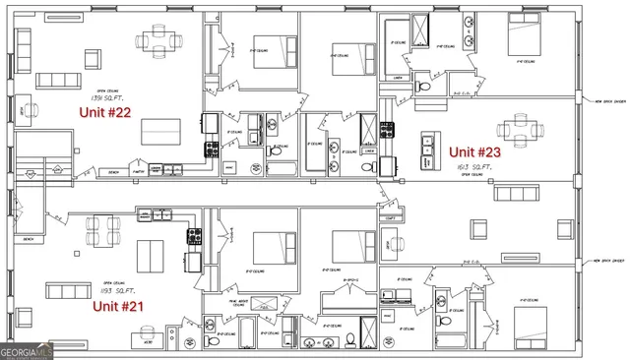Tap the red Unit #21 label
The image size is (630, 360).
point(118,306)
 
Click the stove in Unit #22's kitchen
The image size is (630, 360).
point(211,150)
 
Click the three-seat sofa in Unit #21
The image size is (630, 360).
point(67,290)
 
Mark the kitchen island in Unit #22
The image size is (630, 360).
point(159,131)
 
